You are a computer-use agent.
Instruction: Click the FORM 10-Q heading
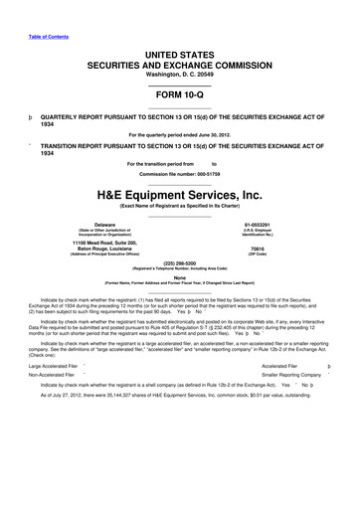[180, 98]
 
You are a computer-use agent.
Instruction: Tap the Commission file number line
[180, 174]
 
